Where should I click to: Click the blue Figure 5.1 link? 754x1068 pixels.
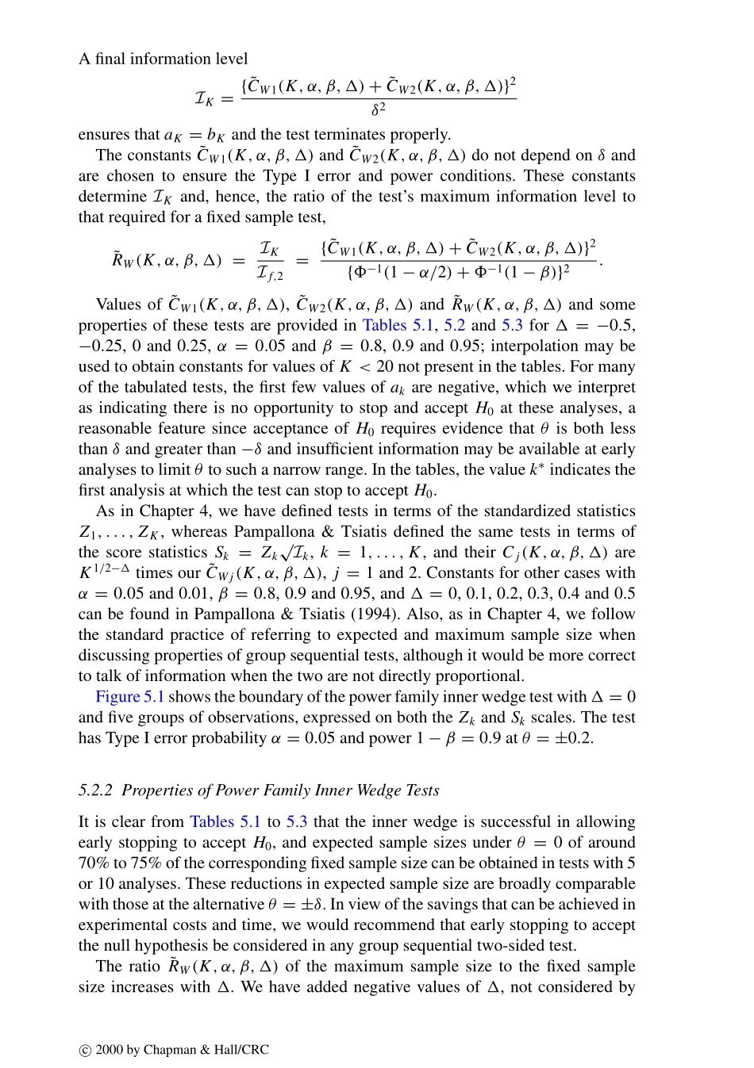(x=129, y=697)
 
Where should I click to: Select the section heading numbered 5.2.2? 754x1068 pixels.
(x=259, y=790)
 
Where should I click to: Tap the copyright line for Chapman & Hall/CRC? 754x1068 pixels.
(x=174, y=1050)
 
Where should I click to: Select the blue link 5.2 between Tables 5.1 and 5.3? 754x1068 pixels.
(x=455, y=326)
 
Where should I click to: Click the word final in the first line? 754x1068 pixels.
(x=112, y=59)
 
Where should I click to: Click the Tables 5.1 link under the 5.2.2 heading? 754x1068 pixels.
(x=225, y=822)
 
